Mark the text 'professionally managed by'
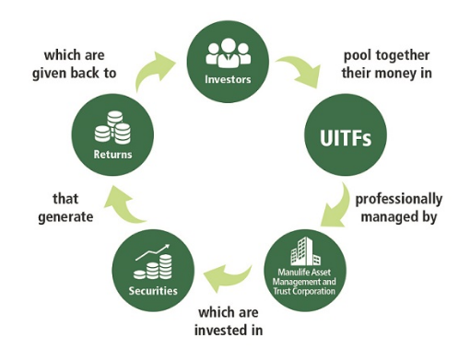[x=396, y=206]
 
